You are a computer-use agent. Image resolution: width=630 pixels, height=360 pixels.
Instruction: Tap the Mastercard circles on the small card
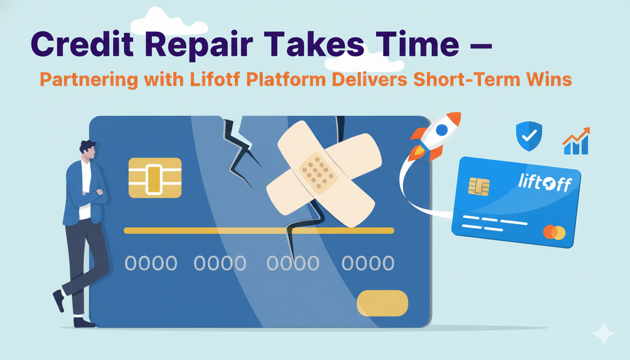(x=554, y=233)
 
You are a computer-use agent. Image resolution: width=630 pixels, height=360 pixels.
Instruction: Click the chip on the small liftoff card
(x=479, y=186)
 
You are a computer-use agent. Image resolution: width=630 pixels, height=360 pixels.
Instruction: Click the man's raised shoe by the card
(x=58, y=299)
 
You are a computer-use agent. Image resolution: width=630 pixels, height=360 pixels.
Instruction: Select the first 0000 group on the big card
(x=151, y=263)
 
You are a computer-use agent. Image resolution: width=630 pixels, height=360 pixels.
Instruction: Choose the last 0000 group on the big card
(x=368, y=263)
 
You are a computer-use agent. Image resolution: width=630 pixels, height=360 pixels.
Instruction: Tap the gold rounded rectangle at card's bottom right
(x=382, y=303)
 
